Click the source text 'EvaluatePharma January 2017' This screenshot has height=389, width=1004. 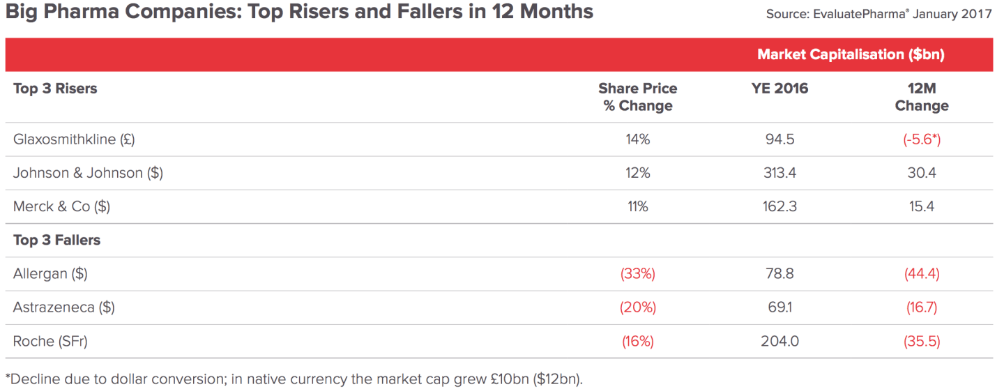point(878,14)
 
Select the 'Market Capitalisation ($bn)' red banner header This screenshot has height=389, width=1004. point(851,54)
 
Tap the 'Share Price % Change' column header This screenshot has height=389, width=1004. point(637,97)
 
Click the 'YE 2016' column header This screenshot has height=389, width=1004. point(779,89)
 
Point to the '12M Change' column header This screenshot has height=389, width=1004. point(922,97)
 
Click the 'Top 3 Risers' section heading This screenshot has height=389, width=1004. point(55,89)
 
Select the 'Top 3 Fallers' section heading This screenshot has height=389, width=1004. point(56,240)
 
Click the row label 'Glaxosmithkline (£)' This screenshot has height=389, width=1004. point(74,139)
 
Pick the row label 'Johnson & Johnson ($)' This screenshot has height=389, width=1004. point(88,173)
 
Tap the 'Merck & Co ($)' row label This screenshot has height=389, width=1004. point(61,206)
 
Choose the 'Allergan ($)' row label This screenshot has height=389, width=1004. point(50,273)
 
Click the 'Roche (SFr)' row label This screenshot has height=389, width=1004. point(50,341)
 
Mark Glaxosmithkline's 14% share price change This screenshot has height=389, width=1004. point(637,139)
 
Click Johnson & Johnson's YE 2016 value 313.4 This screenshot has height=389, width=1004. point(779,173)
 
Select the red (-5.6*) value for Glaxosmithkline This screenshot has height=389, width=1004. point(922,139)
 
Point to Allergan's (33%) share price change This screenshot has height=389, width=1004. point(637,273)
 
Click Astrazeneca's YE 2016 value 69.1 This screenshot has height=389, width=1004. point(779,307)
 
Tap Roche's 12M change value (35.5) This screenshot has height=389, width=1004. point(922,341)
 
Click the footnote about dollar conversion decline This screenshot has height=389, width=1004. point(293,379)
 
